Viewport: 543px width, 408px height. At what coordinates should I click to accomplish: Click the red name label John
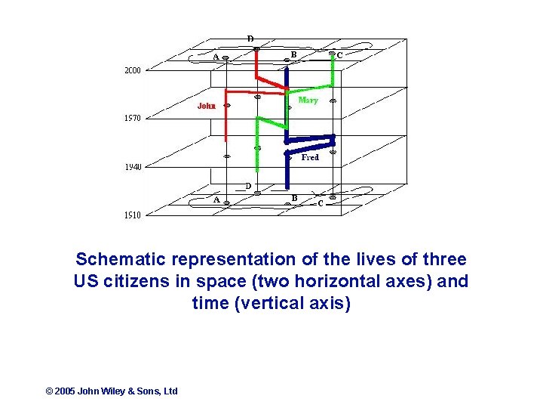click(207, 106)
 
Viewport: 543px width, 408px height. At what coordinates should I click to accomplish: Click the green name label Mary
click(308, 100)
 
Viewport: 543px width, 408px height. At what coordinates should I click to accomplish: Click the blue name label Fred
click(310, 158)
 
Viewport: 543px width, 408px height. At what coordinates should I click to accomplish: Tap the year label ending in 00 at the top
click(132, 70)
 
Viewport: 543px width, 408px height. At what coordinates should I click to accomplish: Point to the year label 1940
click(132, 167)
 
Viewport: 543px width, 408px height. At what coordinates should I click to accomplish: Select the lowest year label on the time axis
click(132, 215)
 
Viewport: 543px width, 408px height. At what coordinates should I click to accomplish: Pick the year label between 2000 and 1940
click(132, 118)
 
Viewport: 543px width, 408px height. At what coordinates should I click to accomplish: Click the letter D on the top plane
click(250, 39)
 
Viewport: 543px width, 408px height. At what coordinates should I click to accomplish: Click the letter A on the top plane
click(216, 57)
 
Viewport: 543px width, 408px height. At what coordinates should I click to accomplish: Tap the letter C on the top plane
click(340, 55)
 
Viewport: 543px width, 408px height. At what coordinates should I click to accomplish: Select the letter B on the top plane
click(293, 54)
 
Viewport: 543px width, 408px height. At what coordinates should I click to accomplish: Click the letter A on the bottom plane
click(216, 200)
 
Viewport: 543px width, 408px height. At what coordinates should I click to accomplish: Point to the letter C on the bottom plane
click(320, 202)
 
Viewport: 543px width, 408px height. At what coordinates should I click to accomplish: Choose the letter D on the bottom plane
click(248, 185)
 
